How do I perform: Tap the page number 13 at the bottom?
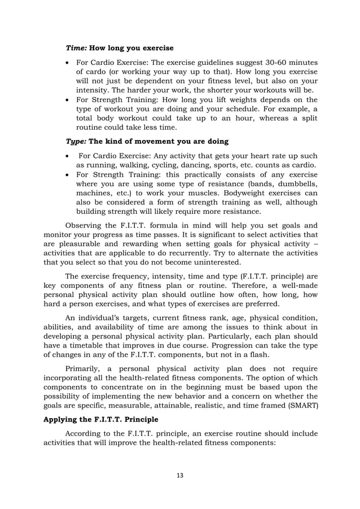(180, 475)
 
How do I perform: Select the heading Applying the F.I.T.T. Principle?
(99, 421)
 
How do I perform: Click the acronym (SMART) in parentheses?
(304, 406)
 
